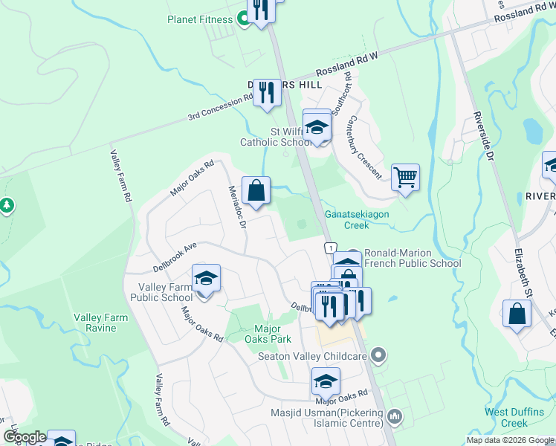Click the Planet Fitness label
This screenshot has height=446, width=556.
[199, 19]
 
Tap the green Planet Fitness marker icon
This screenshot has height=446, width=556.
[242, 19]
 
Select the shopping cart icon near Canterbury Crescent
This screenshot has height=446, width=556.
[405, 178]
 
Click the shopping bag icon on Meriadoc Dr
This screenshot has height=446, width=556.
[256, 190]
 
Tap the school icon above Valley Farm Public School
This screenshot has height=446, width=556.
[206, 279]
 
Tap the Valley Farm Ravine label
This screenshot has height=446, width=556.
[100, 323]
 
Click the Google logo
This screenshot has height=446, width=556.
[25, 438]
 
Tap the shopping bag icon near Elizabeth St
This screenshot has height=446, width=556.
[517, 314]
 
